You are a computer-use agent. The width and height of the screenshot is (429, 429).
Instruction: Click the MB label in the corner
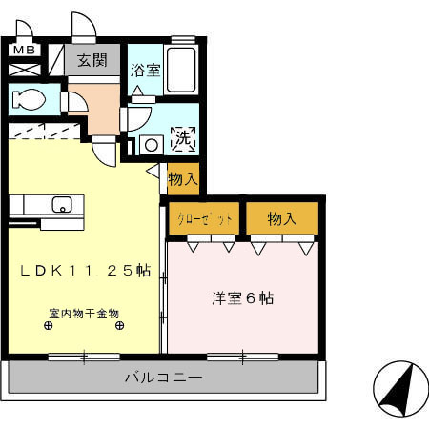pos(24,50)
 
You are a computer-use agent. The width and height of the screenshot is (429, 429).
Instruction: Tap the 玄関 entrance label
pos(92,61)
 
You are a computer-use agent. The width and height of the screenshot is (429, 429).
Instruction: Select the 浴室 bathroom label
pos(146,70)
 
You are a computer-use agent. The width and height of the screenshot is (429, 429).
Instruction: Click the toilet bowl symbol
pos(28,98)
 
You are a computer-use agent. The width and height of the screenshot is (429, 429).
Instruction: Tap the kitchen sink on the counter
pos(62,203)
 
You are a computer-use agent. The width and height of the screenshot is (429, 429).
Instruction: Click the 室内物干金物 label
pos(86,312)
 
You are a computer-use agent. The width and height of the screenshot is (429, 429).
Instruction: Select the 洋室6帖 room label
pos(242,297)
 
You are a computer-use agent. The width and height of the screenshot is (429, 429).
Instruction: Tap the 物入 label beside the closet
pos(281,218)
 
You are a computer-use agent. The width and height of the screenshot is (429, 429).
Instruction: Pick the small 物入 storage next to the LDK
pos(182,176)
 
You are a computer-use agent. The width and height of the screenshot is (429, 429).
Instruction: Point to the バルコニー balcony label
pos(163,378)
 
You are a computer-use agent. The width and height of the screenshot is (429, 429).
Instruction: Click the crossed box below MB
pos(24,70)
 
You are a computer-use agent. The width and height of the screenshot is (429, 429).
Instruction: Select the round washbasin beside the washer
pos(151,145)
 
